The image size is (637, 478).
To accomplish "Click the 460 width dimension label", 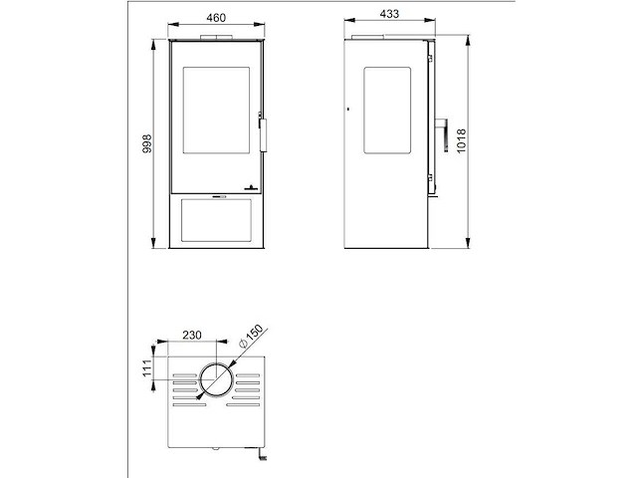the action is point(216,18).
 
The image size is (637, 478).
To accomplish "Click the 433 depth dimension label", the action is point(389,14).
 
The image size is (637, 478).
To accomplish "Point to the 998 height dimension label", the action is point(147,143).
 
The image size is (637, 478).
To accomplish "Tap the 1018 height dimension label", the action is point(462,141).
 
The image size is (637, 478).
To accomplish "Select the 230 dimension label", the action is point(192,335).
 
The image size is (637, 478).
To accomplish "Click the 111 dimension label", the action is point(147,368).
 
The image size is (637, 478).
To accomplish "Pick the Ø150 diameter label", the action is point(252,336).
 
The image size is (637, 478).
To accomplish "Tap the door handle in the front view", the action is point(263,134).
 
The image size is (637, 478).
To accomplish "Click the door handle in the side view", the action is point(443,135).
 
